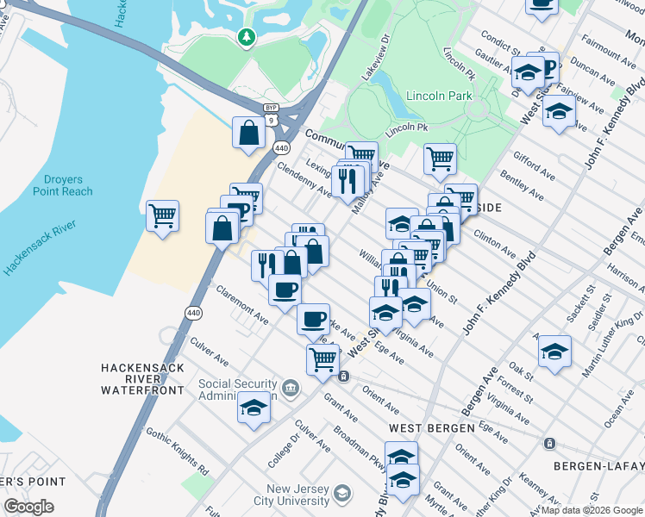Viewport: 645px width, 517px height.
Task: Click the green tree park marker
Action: coord(247,37)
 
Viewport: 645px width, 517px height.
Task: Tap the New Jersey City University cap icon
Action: coord(341,494)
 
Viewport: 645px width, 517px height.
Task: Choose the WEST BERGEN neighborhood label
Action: coord(431,427)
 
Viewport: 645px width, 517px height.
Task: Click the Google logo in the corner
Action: coord(28,507)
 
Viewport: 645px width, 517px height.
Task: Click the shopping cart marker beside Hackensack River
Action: coord(162,215)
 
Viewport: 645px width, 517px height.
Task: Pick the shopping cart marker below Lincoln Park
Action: coord(440,159)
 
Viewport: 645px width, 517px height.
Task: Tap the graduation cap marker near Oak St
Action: coord(554,351)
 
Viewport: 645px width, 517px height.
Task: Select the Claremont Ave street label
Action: coord(242,305)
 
